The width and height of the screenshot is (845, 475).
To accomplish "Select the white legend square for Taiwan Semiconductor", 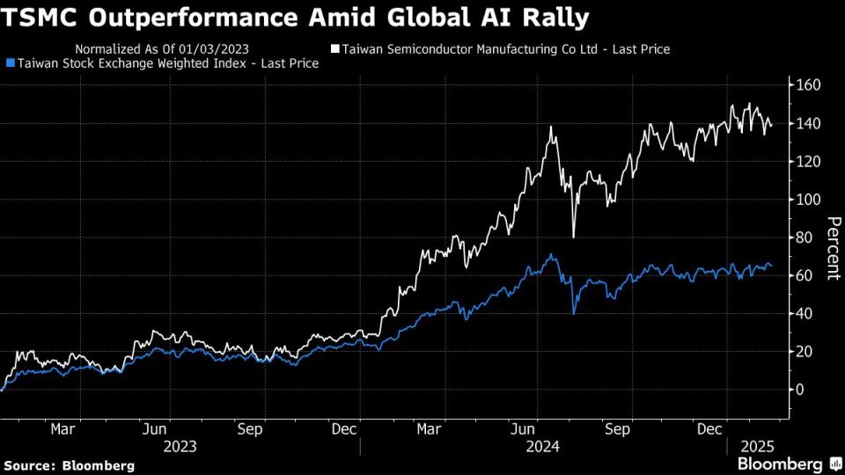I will click(x=334, y=49).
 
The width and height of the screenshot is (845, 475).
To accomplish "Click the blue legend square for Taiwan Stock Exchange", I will click(x=10, y=63).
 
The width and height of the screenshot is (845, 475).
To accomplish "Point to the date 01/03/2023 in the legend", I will click(x=212, y=49).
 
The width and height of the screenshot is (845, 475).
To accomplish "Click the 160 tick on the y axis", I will click(x=809, y=85).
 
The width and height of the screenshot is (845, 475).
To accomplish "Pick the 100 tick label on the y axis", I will click(x=809, y=200).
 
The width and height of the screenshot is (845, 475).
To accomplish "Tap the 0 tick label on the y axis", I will click(x=800, y=390).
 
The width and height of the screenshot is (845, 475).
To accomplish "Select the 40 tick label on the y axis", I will click(x=805, y=313).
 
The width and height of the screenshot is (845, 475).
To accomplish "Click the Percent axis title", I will click(x=831, y=247).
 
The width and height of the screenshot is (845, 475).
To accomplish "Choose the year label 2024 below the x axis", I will click(x=543, y=446).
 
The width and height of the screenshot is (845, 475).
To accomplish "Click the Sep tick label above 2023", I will click(x=251, y=429).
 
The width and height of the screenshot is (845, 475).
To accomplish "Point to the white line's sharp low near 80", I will click(x=573, y=237).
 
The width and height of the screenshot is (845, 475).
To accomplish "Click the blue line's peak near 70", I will click(x=551, y=255).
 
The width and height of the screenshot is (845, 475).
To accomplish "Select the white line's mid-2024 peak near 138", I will click(x=551, y=128).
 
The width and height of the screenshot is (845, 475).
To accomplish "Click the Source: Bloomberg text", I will click(x=70, y=464).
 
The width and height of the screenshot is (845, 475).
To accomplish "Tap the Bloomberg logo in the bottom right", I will click(x=779, y=464).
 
